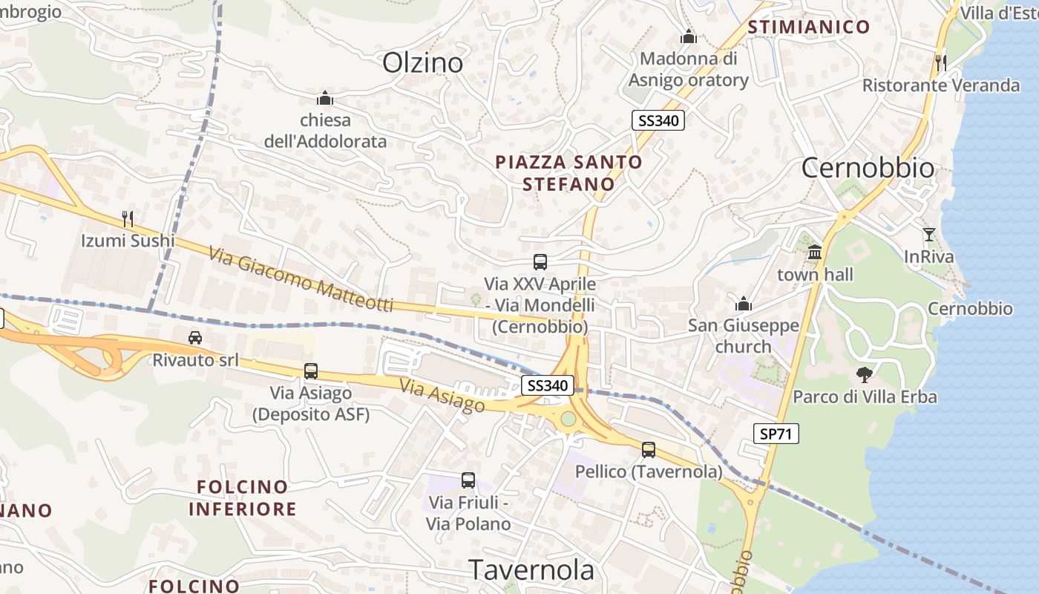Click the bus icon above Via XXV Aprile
point(540,261)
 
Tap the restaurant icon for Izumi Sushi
point(128,218)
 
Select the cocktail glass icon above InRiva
point(928,235)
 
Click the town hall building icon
point(815,252)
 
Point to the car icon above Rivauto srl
point(195,338)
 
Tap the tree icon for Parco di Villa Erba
point(864,374)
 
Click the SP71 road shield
point(776,434)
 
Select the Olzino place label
point(422,63)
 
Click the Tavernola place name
point(531,569)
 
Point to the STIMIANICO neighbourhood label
point(809,27)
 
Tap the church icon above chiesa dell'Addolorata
point(324,98)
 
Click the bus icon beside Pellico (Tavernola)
point(649,449)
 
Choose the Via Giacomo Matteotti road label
point(301,280)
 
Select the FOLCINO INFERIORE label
point(242,498)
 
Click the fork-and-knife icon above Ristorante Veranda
point(941,62)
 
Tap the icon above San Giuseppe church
point(743,304)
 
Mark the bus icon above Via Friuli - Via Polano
point(468,480)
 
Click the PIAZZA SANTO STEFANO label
point(568,172)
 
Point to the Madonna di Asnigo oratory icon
point(689,36)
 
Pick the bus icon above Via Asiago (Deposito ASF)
point(310,371)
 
